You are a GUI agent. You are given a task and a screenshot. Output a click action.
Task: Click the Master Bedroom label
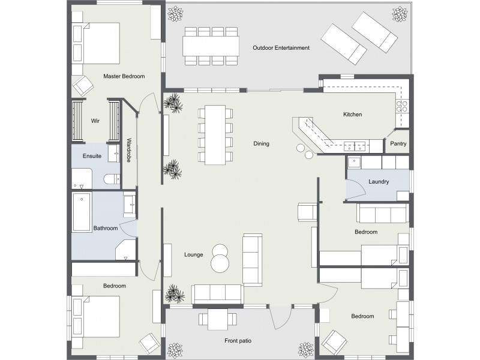[x=124, y=76]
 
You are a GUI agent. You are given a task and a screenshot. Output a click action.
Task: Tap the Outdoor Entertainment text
[x=281, y=47]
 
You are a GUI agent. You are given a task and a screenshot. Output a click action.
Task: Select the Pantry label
[x=398, y=144]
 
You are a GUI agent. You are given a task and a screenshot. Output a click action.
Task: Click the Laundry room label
[x=379, y=181]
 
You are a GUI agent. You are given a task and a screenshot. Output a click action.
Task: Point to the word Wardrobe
[x=129, y=150]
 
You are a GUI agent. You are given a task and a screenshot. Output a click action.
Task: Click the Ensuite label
[x=92, y=156]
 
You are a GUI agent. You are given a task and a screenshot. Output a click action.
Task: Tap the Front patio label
[x=238, y=341]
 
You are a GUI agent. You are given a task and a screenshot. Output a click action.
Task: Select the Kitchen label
[x=352, y=115]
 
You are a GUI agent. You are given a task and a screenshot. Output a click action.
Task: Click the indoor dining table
[x=215, y=134]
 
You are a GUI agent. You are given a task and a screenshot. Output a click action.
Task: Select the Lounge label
[x=193, y=254]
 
